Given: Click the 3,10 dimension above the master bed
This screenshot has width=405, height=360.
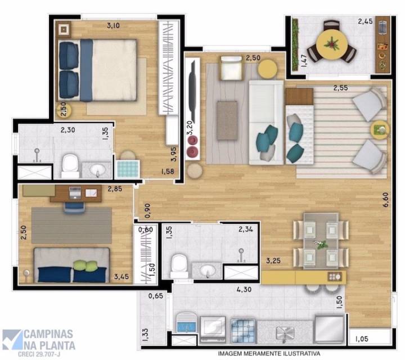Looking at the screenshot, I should coord(116,25).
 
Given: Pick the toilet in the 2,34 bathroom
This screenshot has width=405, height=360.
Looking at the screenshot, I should coord(179,264).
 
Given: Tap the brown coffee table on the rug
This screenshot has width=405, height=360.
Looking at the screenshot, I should coord(227,120).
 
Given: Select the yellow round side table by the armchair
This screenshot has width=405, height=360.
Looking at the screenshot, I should coord(267,69).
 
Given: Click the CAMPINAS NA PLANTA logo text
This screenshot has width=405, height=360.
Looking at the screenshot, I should coord(49,337).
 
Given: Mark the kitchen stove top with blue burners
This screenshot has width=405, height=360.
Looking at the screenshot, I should coord(244,327).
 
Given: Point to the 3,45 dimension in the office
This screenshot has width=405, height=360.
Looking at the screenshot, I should coord(121,276).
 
